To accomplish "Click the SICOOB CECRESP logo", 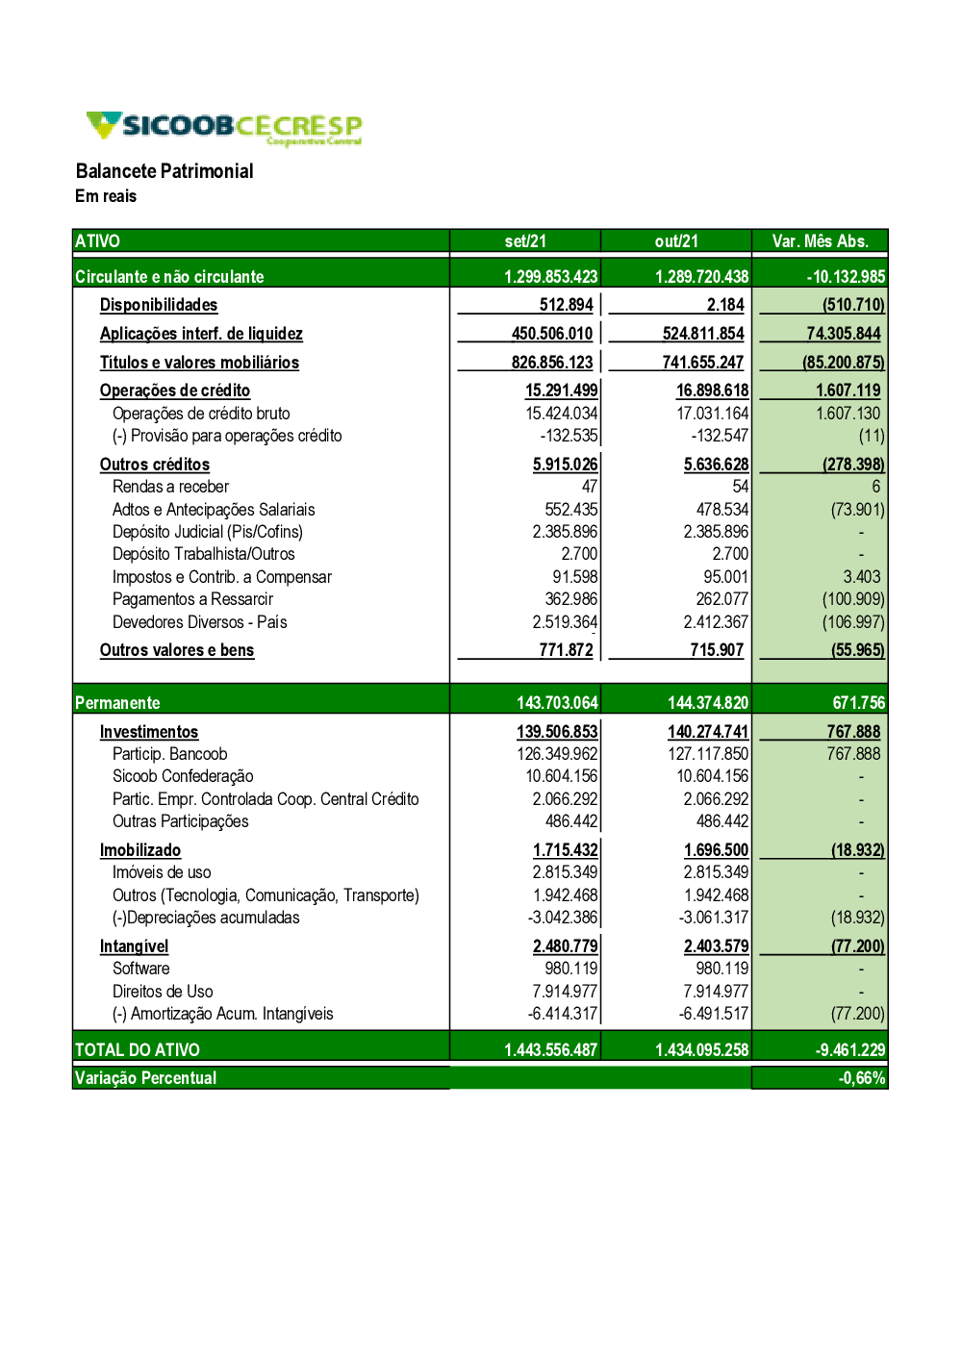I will tap(223, 128).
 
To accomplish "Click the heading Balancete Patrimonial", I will tap(165, 171).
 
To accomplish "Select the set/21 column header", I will tap(525, 241).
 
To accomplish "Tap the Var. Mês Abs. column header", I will tap(820, 241).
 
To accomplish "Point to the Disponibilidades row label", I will tap(159, 305).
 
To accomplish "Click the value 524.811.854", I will tap(703, 334).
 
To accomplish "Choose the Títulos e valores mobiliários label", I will tap(199, 363).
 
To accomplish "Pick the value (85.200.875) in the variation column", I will tap(844, 363).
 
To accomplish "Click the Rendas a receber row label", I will tap(170, 487).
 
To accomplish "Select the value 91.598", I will tap(574, 577).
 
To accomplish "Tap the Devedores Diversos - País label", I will tap(199, 622).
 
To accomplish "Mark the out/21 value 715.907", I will tap(717, 650).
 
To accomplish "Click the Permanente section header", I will tap(117, 703).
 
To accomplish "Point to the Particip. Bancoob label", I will tap(169, 754).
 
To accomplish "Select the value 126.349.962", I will tap(557, 754).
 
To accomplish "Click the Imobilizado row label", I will tap(140, 850).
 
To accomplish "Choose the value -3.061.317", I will tap(713, 918).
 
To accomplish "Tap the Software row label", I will tap(140, 969).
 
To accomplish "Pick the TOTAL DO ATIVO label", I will tap(138, 1050).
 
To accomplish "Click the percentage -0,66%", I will tap(861, 1078).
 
